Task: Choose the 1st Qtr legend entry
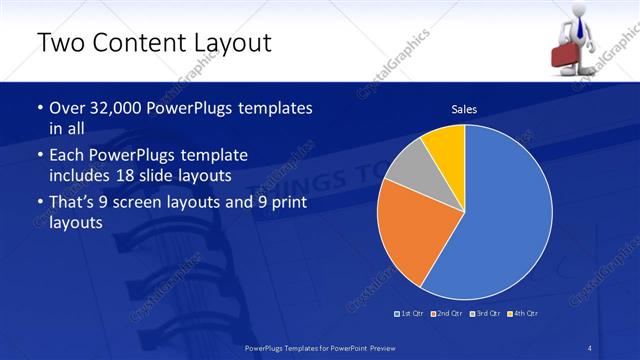(412, 314)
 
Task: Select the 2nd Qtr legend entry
(449, 314)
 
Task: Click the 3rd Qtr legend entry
(487, 314)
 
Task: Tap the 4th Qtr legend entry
(524, 314)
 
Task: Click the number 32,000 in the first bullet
(108, 107)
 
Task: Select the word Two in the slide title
(60, 43)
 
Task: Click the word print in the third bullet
(283, 204)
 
